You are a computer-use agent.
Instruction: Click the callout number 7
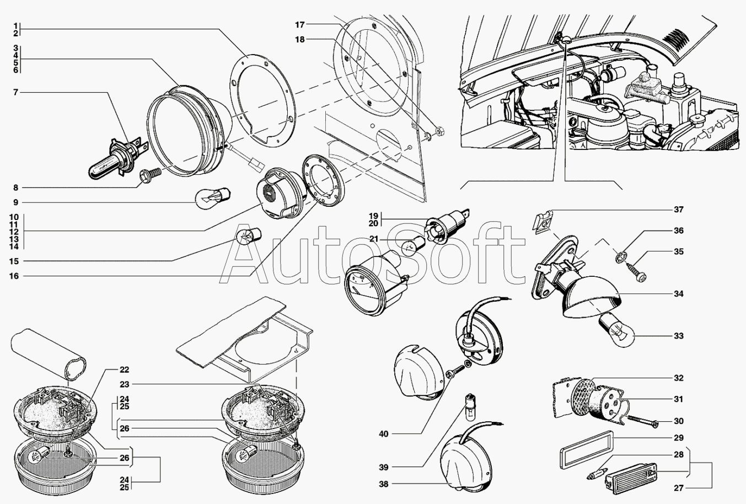click(x=15, y=92)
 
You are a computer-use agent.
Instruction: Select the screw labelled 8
click(x=151, y=175)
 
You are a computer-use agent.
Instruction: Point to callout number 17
click(x=300, y=25)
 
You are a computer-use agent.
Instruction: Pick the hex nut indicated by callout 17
click(x=439, y=131)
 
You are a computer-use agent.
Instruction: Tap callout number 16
click(x=14, y=276)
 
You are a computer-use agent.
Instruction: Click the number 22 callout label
click(x=124, y=370)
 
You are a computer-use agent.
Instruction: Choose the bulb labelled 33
click(x=616, y=331)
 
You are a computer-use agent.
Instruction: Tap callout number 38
click(x=384, y=484)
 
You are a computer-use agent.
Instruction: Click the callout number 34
click(x=679, y=294)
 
